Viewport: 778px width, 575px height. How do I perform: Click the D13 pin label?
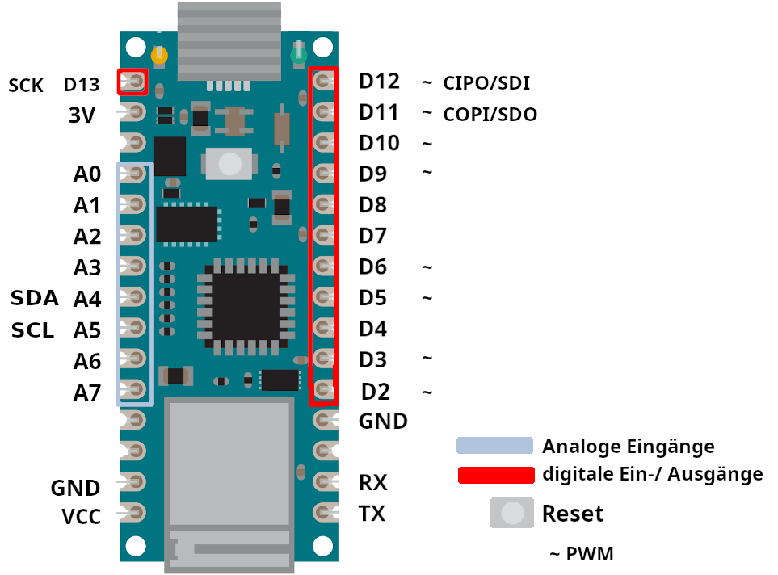tap(81, 85)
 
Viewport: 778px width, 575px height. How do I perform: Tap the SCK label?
tap(26, 85)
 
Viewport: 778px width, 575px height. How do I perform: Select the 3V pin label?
tap(82, 115)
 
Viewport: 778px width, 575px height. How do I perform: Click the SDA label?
tap(35, 298)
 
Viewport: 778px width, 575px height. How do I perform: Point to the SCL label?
tap(33, 330)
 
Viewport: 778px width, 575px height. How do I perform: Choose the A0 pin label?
tap(86, 174)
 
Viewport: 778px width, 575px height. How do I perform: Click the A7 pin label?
tap(86, 393)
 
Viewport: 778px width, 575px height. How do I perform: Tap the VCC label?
tap(82, 517)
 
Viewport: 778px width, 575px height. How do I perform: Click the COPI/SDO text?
tap(490, 115)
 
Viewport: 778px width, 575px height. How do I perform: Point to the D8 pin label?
tap(373, 205)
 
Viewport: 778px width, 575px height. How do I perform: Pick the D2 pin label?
tap(376, 392)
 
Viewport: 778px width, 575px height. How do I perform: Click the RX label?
tap(372, 483)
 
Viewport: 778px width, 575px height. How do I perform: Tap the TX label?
tap(372, 514)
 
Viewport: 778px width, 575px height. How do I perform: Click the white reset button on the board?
tap(231, 164)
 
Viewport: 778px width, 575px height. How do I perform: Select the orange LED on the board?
tap(160, 57)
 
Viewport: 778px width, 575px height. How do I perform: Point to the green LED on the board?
tap(298, 57)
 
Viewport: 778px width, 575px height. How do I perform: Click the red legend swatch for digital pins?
tap(495, 474)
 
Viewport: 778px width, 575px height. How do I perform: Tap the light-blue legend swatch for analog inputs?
tap(494, 446)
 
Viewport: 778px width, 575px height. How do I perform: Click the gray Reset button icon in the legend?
tap(512, 513)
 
